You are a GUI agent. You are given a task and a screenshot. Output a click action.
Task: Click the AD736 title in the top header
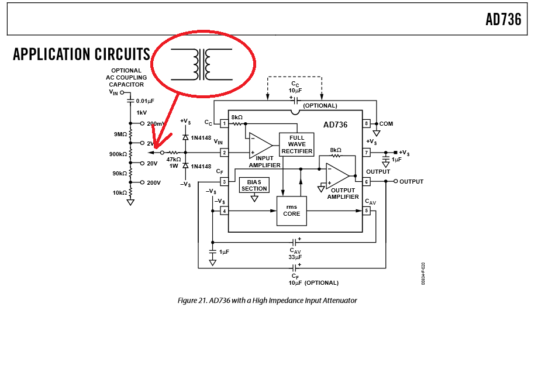[503, 19]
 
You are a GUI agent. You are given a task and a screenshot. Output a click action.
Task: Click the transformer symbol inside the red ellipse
[202, 64]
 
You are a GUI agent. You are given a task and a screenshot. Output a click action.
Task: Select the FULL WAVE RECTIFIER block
[296, 144]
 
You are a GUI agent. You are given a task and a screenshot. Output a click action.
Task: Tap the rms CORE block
[291, 210]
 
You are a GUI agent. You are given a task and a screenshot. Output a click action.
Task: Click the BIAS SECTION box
[254, 185]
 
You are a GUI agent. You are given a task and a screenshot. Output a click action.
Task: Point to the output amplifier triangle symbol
[337, 175]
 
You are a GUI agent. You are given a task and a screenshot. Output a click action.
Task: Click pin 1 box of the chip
[223, 123]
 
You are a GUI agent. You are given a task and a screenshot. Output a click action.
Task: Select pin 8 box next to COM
[367, 123]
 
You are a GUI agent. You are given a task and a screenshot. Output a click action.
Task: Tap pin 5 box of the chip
[367, 210]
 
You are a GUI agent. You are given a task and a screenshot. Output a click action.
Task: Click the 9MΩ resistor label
[120, 134]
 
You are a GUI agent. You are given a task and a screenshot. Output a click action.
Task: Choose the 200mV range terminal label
[156, 124]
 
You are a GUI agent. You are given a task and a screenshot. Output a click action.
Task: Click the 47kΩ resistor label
[174, 159]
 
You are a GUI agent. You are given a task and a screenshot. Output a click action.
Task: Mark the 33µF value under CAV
[295, 257]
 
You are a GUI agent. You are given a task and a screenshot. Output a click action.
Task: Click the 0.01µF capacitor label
[145, 101]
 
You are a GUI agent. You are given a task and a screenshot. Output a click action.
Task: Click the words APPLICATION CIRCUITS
[81, 54]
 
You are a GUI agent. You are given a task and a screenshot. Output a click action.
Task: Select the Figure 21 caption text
[267, 301]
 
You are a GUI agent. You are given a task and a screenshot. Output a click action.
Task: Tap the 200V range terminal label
[154, 183]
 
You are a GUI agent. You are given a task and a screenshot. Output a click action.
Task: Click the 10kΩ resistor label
[120, 193]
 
